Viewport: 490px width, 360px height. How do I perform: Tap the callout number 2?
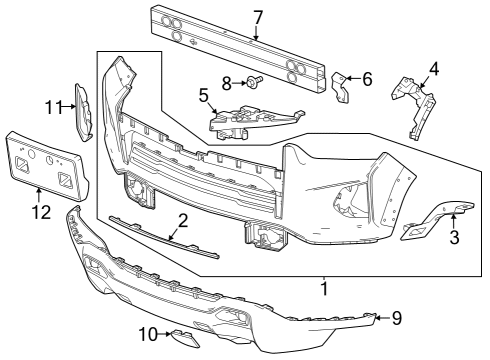(182, 221)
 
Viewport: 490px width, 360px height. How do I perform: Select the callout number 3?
(454, 237)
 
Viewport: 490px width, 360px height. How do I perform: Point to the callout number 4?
(434, 70)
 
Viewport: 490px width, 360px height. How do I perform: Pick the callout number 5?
(204, 96)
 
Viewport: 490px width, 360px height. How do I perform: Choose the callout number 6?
(367, 78)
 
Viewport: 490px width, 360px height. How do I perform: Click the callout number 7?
(257, 17)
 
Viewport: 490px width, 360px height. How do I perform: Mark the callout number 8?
(227, 81)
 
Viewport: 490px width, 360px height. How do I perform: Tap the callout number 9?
(396, 318)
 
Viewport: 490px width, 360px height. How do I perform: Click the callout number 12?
(39, 212)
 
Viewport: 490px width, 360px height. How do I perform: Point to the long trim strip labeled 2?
(160, 238)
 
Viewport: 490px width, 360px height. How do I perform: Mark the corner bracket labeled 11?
(84, 110)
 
